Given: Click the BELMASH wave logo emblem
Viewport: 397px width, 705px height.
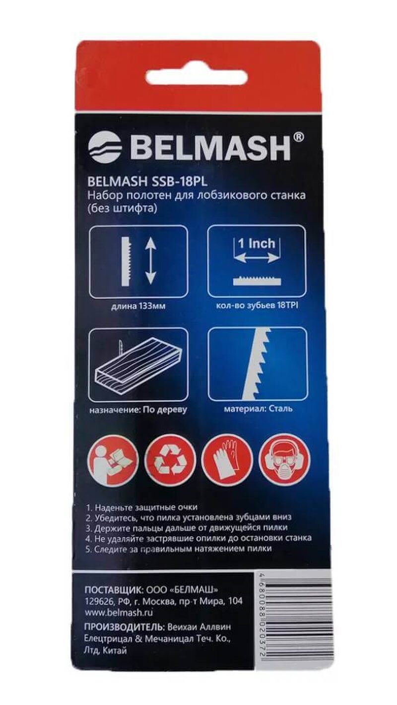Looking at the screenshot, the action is point(106,147).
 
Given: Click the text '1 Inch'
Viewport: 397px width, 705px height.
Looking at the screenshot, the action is point(257,243).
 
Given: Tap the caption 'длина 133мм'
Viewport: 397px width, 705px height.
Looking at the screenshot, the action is point(138,306).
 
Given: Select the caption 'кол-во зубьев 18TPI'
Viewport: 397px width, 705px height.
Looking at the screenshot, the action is point(257,306).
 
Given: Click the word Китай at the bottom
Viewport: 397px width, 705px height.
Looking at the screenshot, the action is point(115,657).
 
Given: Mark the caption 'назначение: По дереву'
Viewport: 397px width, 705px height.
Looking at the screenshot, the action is point(138,409).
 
